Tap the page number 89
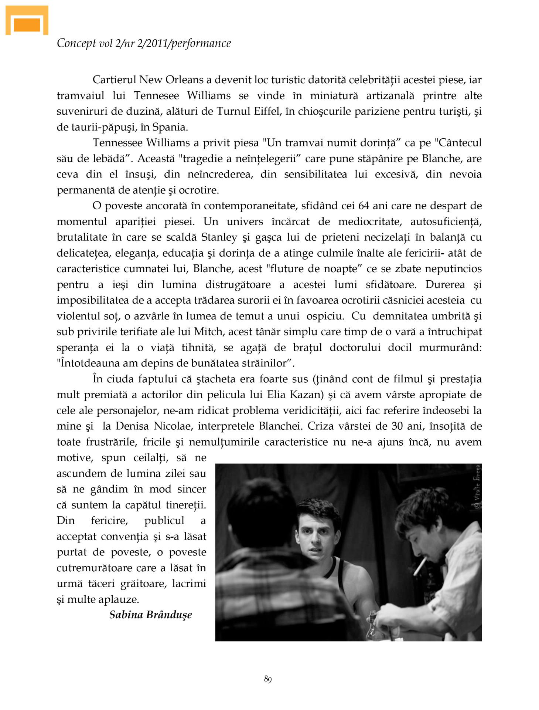(268, 679)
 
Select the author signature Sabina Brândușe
(151, 615)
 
